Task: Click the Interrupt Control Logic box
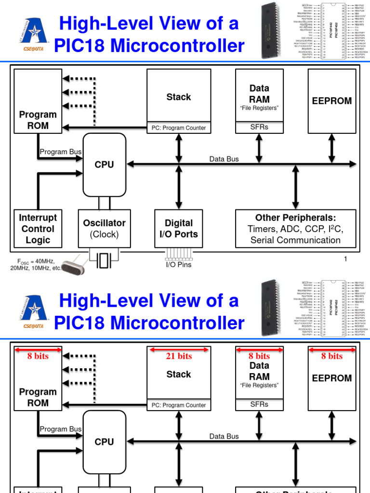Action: point(38,229)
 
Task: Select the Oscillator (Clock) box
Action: point(104,229)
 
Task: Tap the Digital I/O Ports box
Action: point(179,229)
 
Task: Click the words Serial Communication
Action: point(295,240)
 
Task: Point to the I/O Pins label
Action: point(179,264)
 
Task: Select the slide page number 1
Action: point(345,259)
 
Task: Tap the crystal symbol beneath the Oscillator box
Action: point(104,260)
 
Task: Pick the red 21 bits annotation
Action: point(179,356)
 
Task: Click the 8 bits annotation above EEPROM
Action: point(332,356)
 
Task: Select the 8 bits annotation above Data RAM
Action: point(259,356)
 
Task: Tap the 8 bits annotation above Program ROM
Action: point(38,356)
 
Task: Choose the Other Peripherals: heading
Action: point(295,218)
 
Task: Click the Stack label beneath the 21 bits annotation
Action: point(179,374)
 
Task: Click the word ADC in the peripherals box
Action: point(295,229)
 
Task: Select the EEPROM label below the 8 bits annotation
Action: point(332,378)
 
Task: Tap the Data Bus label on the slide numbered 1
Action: point(224,159)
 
